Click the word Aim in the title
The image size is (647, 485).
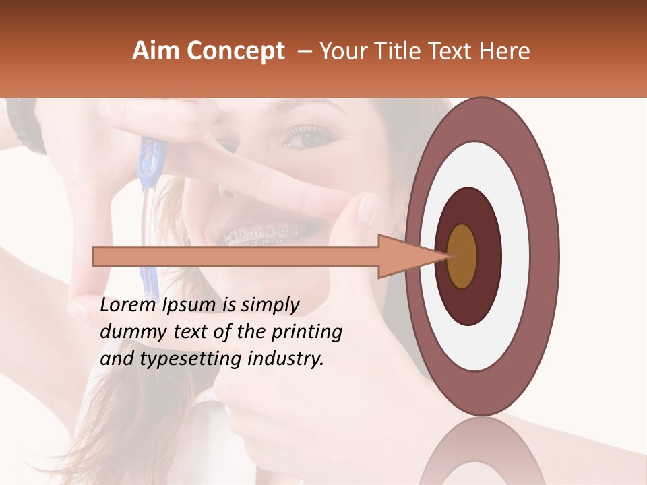[156, 51]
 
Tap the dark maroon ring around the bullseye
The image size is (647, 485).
[489, 256]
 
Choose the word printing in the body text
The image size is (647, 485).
[307, 332]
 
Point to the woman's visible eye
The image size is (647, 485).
[307, 135]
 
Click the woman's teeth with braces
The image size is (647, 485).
[263, 234]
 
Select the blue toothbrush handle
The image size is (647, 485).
[148, 162]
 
